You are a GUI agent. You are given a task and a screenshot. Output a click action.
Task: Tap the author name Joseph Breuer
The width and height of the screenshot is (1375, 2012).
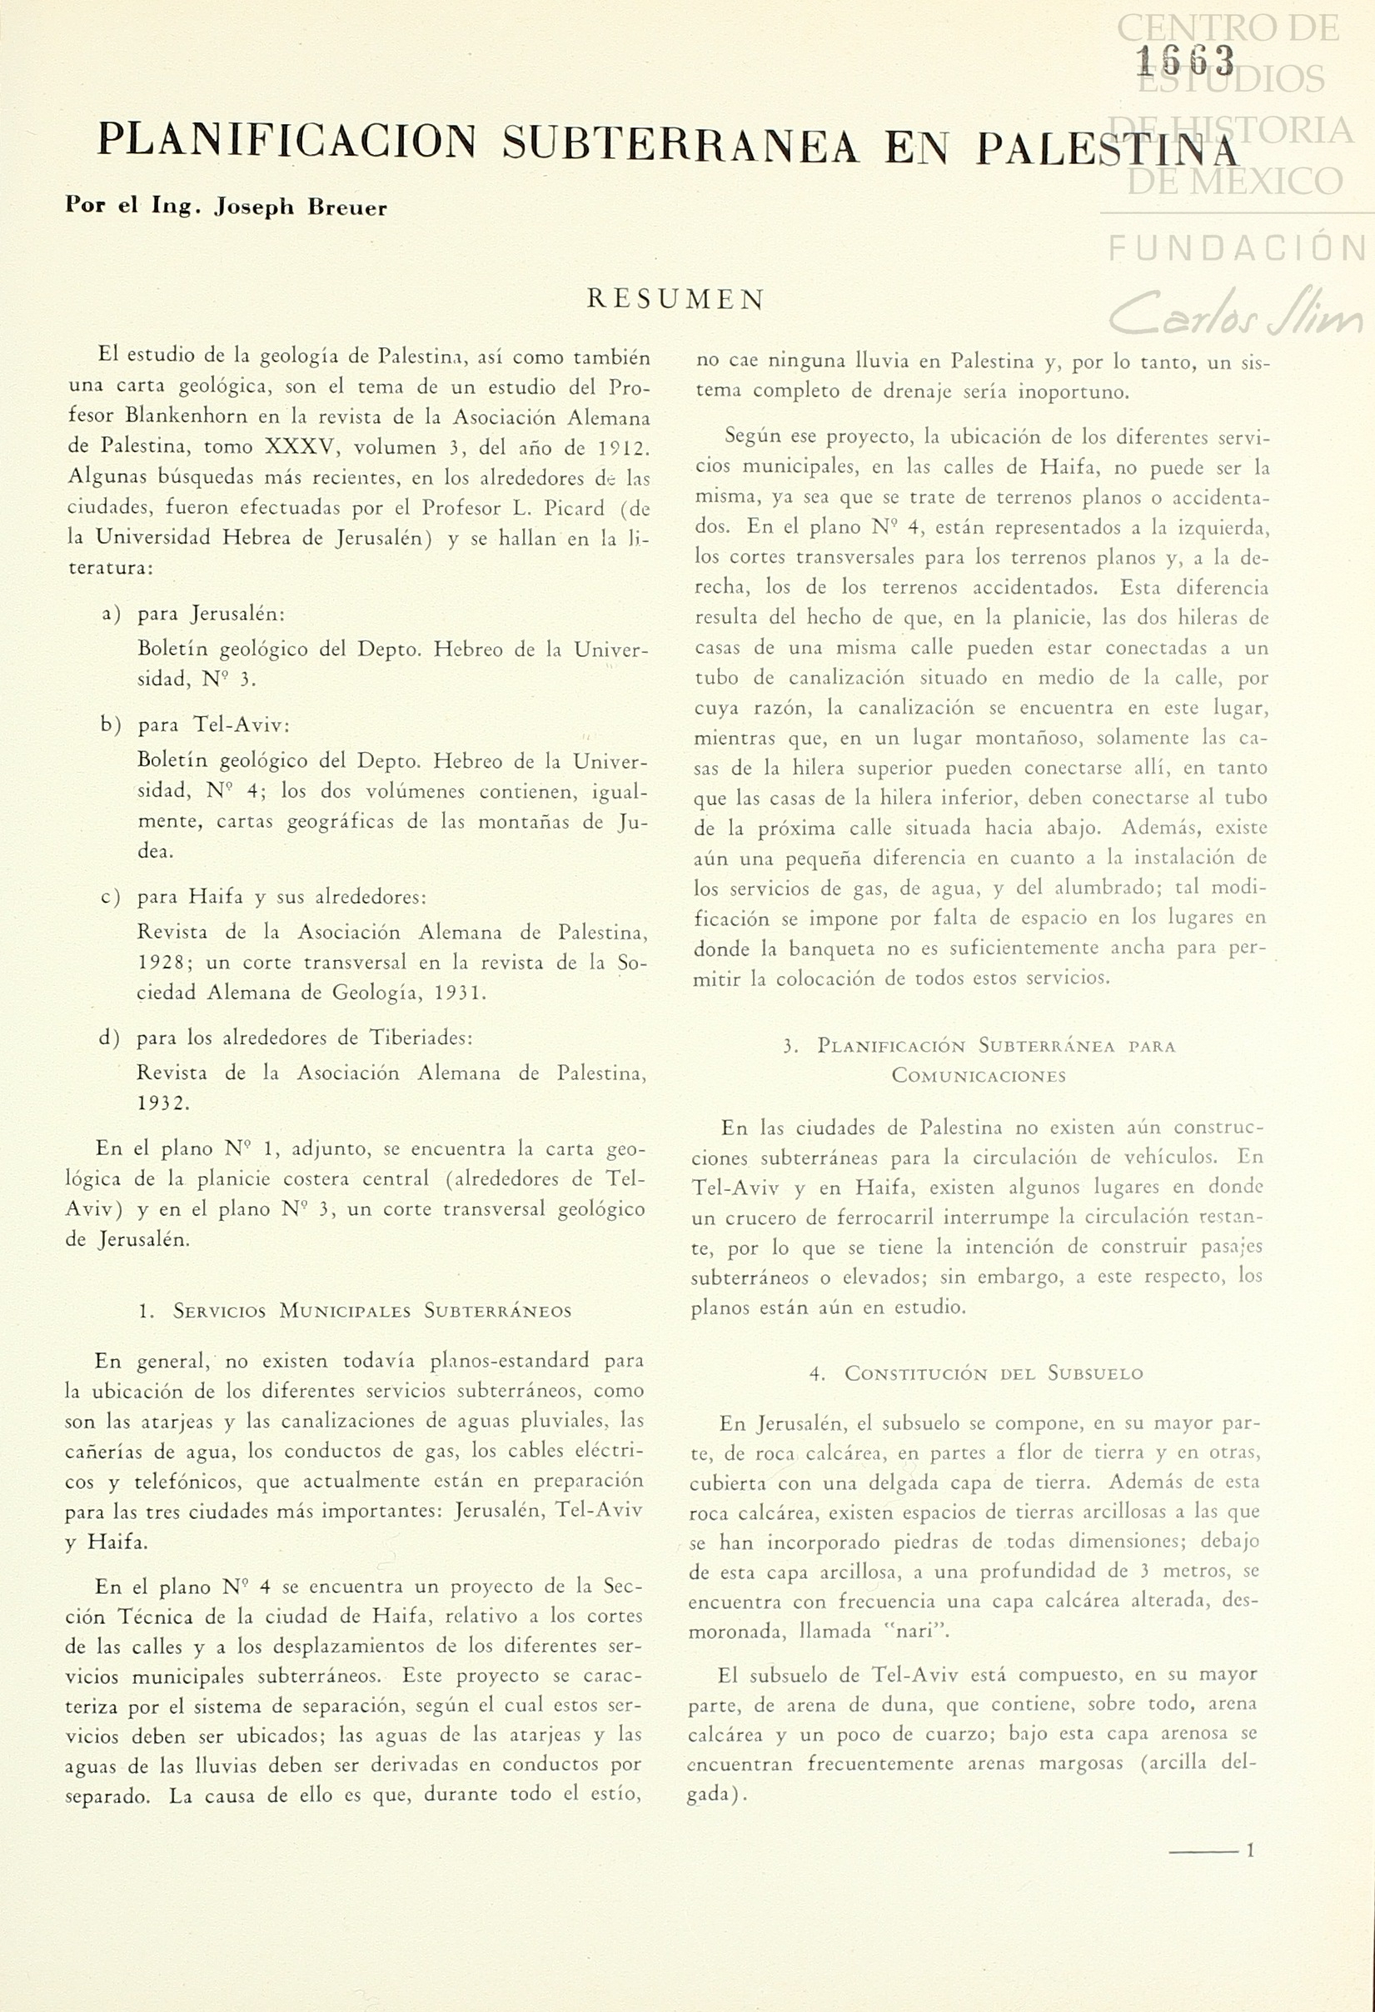301,208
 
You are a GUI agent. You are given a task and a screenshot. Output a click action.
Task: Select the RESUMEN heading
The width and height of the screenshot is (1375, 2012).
676,300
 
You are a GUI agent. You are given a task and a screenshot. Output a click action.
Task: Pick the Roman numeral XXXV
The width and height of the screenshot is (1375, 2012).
300,447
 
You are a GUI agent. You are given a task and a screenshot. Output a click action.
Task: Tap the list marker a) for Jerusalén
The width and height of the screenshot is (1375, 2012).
111,614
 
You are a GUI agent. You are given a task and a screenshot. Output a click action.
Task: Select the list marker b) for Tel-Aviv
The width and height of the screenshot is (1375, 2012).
111,725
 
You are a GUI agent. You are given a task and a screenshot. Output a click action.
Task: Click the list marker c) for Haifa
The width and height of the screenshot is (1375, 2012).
110,897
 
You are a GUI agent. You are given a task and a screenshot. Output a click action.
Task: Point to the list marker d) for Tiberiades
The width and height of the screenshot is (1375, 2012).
110,1037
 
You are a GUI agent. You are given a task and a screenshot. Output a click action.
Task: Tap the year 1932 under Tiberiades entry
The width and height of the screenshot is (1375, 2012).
162,1103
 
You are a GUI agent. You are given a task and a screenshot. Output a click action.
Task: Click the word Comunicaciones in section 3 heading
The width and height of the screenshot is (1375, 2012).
979,1076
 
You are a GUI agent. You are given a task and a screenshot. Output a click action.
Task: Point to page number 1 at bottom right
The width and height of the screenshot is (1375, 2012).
1249,1851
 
